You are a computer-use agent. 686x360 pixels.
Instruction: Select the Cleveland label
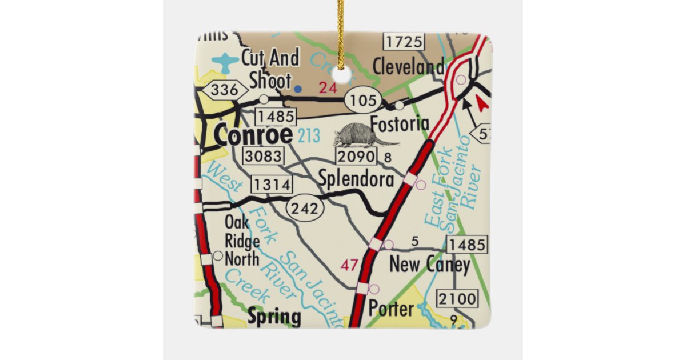tap(408, 67)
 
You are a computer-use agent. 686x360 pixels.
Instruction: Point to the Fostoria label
tap(400, 123)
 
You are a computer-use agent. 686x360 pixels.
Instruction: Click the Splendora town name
tap(356, 179)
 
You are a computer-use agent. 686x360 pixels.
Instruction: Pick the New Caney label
tap(429, 265)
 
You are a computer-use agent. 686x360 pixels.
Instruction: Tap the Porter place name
tap(391, 309)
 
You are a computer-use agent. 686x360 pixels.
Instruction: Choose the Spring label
tap(274, 316)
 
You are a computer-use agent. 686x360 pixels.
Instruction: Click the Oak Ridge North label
tap(241, 241)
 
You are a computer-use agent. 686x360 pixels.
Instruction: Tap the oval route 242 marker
tap(305, 209)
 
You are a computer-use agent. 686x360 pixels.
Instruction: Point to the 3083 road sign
tap(262, 155)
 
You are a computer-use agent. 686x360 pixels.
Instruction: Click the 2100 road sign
tap(457, 298)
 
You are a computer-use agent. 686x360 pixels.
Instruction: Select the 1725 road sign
tap(404, 42)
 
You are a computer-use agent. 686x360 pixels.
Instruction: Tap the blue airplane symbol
tap(225, 61)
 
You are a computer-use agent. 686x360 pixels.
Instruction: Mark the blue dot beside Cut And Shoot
tap(298, 89)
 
